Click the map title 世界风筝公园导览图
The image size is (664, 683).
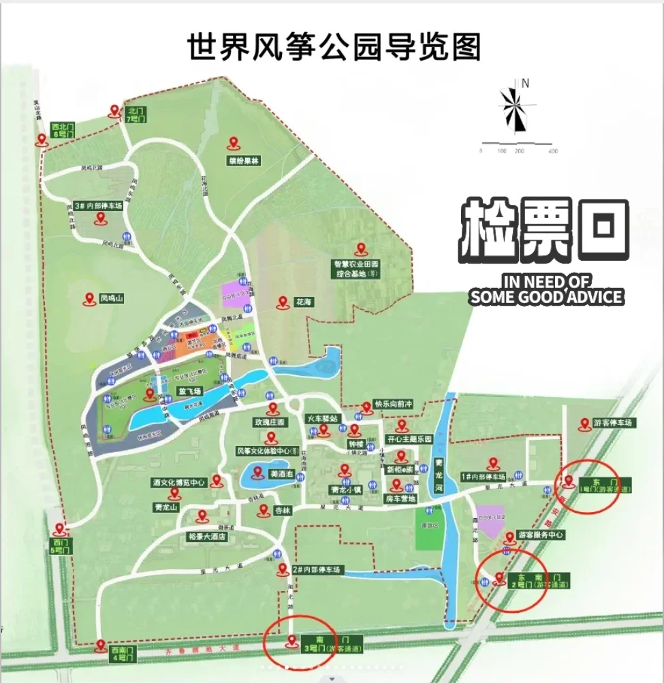pyautogui.click(x=334, y=46)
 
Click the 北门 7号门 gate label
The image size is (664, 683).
pyautogui.click(x=137, y=114)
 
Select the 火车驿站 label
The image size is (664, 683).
pyautogui.click(x=322, y=418)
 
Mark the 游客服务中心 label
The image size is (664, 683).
pyautogui.click(x=541, y=535)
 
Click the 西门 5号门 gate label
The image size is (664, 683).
pyautogui.click(x=57, y=545)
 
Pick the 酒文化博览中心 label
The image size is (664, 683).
pyautogui.click(x=178, y=483)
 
